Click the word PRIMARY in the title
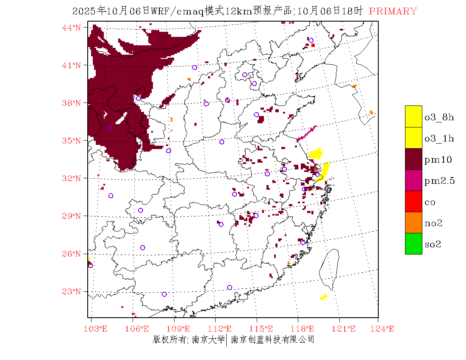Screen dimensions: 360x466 point(393,11)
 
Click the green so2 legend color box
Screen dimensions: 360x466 point(413,244)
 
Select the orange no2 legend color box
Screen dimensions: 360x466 point(413,222)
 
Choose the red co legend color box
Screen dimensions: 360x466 point(413,201)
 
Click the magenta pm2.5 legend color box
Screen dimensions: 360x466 point(413,180)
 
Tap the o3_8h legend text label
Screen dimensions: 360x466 point(439,117)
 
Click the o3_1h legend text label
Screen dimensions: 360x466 point(439,138)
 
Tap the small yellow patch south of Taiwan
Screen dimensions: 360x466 point(324,297)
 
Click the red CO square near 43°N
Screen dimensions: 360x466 point(313,45)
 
